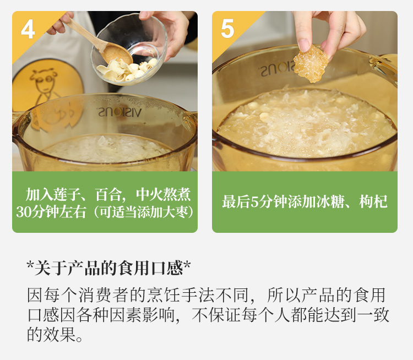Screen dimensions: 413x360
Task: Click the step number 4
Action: point(28,30)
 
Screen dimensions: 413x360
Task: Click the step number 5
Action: point(227,29)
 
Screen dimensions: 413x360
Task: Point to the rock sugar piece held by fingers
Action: point(311,64)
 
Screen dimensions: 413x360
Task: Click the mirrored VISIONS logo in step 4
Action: point(120,112)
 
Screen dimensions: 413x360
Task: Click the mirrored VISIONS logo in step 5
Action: point(279,68)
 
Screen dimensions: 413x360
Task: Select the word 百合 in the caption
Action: point(108,195)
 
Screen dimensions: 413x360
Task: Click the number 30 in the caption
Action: point(24,212)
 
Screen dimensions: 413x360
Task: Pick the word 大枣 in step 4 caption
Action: point(176,212)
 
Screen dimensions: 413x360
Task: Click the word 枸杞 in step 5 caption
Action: point(373,201)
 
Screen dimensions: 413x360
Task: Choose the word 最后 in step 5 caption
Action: point(236,201)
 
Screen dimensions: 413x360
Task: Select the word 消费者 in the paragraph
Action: point(104,295)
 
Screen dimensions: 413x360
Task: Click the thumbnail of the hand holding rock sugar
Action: point(305,91)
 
